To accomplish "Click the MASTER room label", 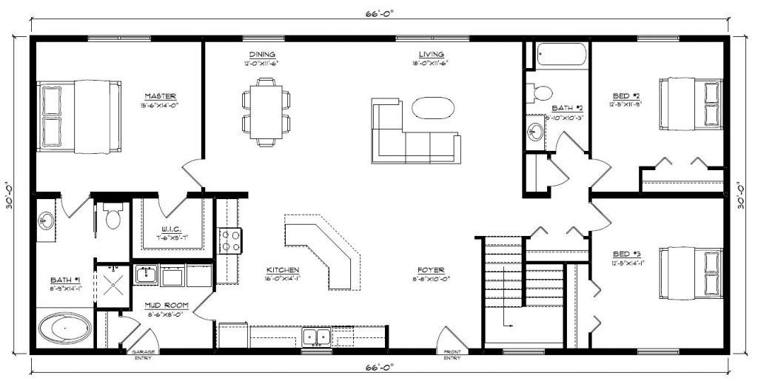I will point(161,96).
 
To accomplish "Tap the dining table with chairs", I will point(265,114).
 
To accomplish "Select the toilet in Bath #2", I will point(540,92).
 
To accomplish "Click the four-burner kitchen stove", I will point(229,240).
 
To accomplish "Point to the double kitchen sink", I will point(317,337).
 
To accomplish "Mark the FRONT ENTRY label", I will point(452,355).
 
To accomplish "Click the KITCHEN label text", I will point(283,270).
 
